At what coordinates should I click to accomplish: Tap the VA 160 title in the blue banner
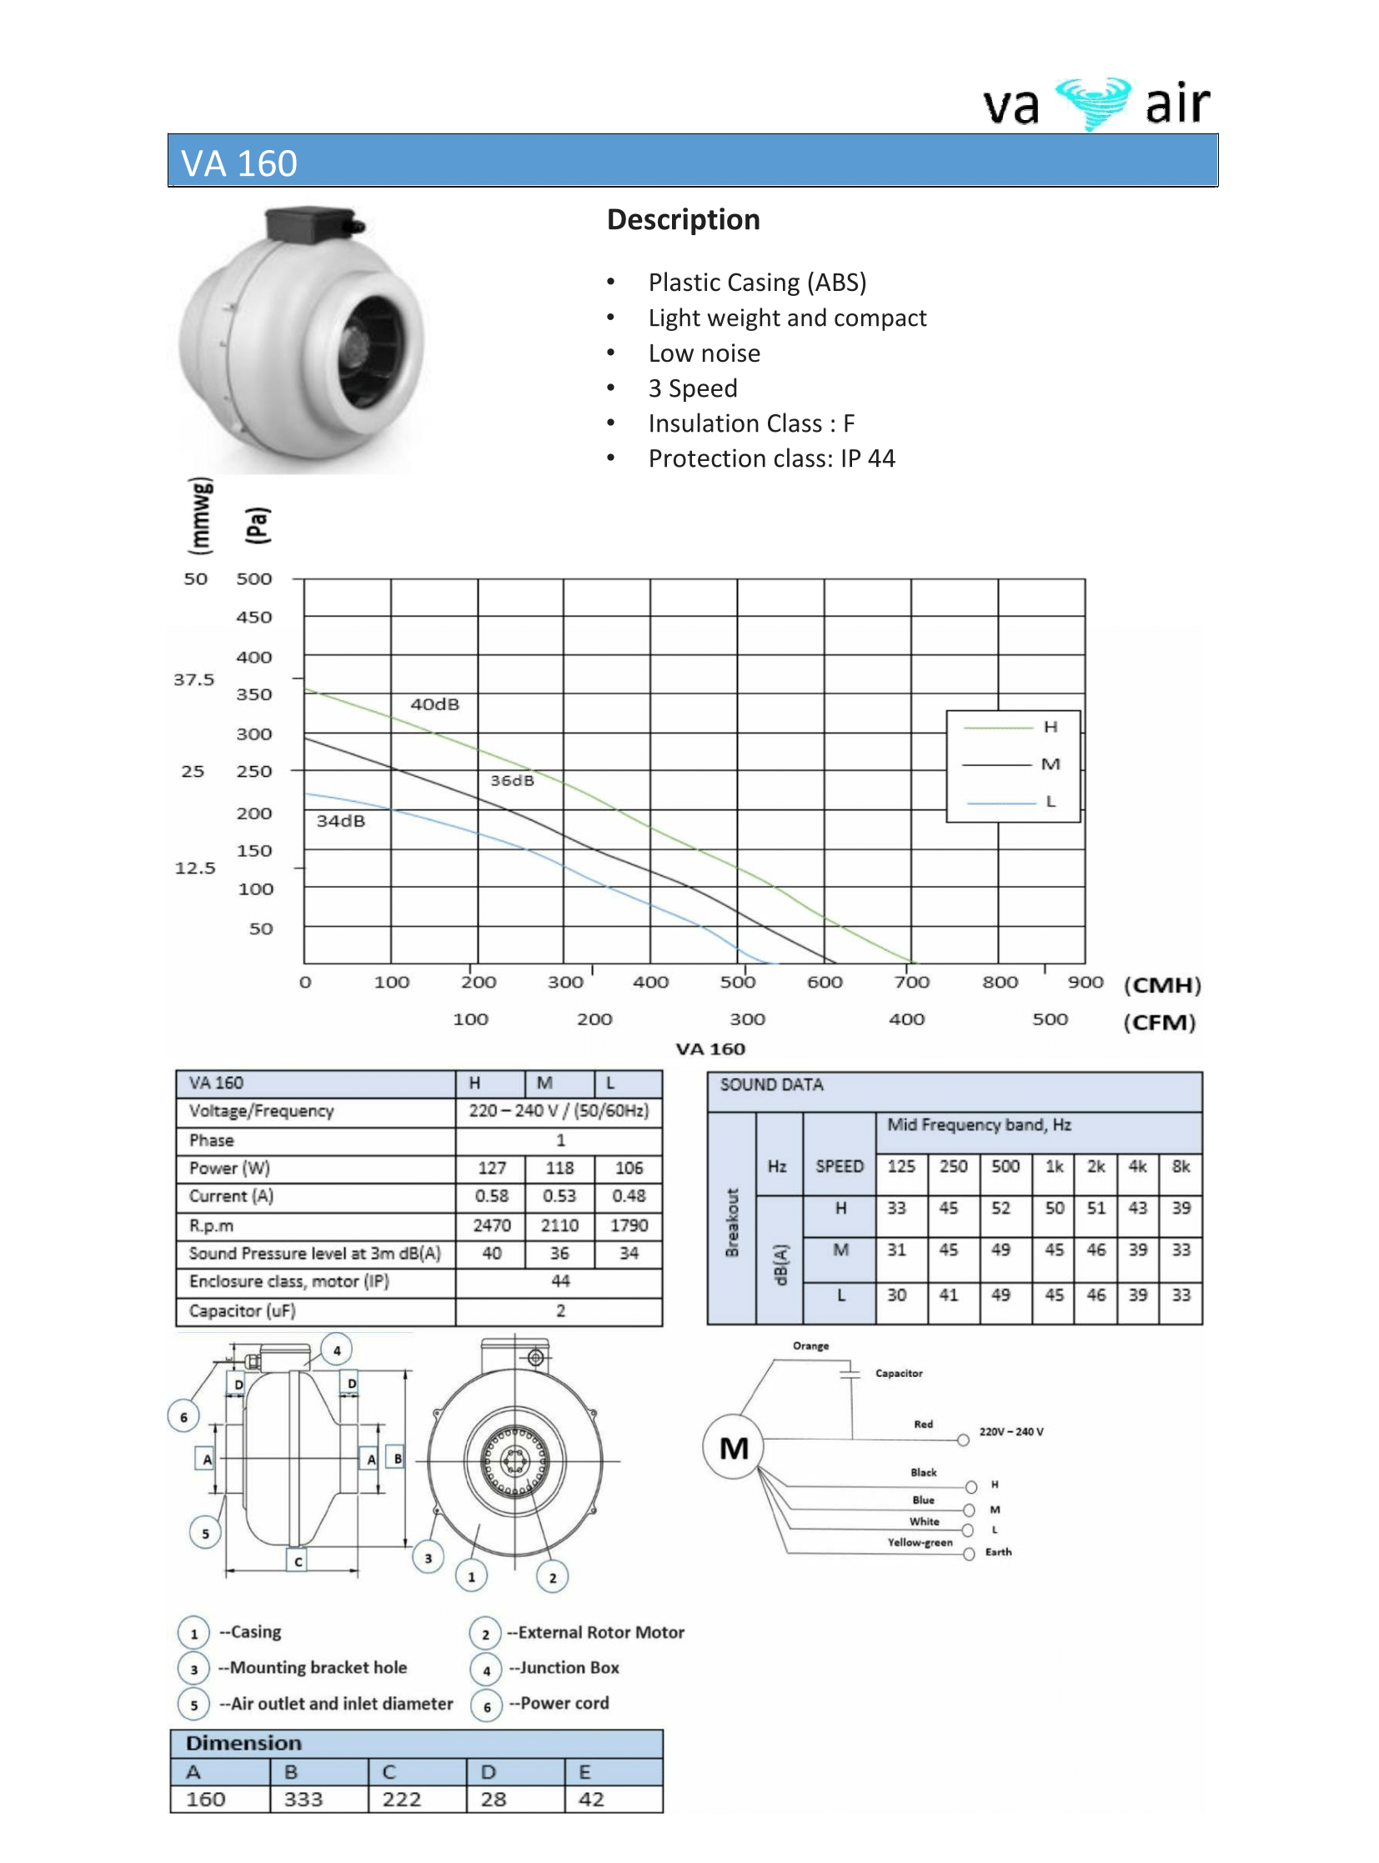point(239,163)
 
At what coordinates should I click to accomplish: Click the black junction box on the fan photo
point(307,224)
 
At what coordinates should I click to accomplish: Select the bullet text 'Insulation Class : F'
point(751,423)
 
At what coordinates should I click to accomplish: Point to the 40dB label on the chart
point(434,704)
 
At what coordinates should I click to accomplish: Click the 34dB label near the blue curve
point(340,820)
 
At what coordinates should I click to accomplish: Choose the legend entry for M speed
point(1050,764)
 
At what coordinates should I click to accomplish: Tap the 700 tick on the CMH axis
point(911,983)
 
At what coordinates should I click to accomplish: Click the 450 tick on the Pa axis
point(253,617)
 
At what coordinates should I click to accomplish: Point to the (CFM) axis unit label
point(1159,1022)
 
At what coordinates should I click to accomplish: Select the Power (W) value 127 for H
point(492,1168)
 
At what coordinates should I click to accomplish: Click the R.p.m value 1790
point(629,1224)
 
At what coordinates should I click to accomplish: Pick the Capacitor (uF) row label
point(242,1310)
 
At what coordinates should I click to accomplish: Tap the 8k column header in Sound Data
point(1181,1166)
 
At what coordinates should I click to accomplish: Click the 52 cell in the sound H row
point(1000,1208)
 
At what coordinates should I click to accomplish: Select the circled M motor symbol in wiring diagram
point(734,1447)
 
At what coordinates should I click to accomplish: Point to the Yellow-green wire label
point(920,1542)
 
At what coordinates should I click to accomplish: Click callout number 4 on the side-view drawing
point(337,1350)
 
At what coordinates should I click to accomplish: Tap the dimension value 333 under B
point(303,1799)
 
